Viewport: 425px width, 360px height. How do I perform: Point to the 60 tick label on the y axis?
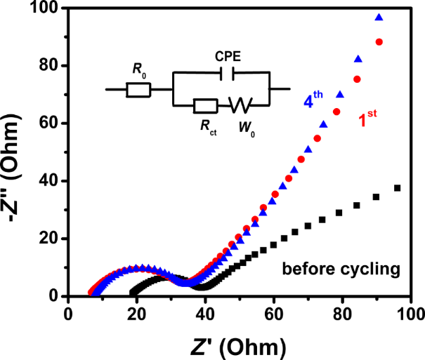point(49,124)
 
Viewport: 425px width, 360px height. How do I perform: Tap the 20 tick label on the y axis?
point(49,239)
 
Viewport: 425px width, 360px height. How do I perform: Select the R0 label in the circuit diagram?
point(139,69)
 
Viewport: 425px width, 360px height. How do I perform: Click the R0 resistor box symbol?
point(139,89)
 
